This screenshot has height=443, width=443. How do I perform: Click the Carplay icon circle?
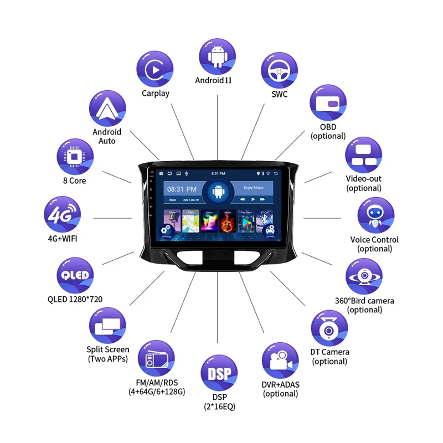click(155, 69)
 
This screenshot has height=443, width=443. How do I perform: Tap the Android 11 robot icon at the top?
click(218, 56)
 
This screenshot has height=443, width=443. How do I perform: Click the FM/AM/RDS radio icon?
click(156, 360)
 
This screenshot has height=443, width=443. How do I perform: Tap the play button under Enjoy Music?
click(253, 199)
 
